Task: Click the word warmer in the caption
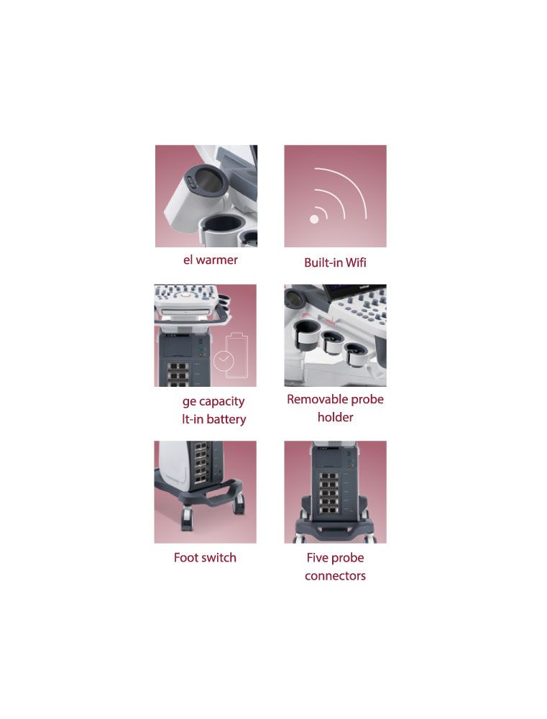point(217,260)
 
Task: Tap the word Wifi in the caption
point(356,262)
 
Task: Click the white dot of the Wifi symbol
point(314,219)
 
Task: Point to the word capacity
point(221,402)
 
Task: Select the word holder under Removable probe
point(335,417)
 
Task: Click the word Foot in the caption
point(185,558)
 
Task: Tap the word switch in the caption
point(219,558)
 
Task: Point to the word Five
point(318,558)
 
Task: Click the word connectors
point(335,576)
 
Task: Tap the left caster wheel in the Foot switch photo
point(187,518)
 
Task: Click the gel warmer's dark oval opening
point(207,182)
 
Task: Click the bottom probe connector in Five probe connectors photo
point(328,509)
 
